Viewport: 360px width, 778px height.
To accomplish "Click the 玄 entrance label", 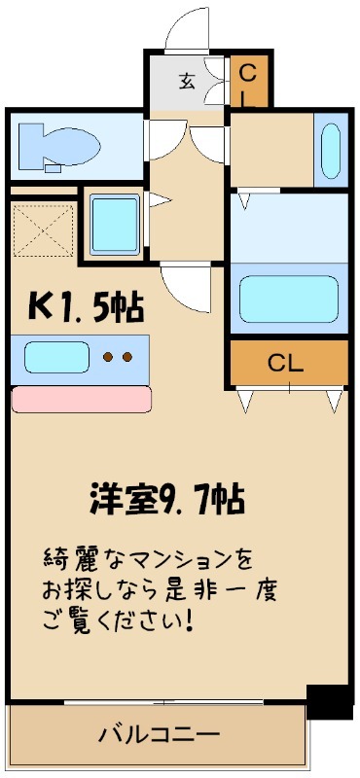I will click(x=187, y=81).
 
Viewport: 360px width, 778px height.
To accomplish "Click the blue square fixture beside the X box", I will click(x=114, y=224).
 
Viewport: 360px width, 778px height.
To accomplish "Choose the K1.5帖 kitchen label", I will click(x=86, y=308).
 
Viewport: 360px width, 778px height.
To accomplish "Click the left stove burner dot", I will click(x=108, y=357).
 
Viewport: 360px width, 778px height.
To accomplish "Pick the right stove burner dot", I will click(x=128, y=357).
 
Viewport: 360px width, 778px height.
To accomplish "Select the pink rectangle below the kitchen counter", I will click(x=82, y=399).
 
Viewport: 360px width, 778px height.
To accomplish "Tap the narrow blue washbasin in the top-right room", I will click(x=330, y=151).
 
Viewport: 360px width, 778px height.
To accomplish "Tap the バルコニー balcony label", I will click(x=159, y=734).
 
